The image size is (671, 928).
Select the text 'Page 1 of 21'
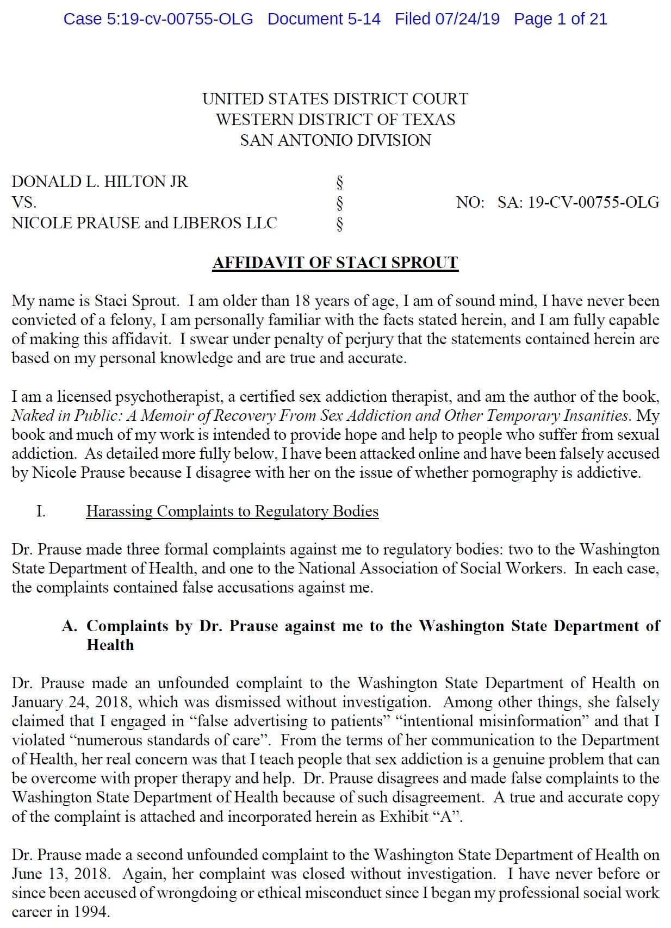[x=560, y=19]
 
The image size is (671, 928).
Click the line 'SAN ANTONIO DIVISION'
[x=336, y=140]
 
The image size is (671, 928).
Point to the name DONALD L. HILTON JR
[x=100, y=182]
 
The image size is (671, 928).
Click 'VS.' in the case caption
[x=24, y=202]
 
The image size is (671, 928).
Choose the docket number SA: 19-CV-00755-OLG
[x=578, y=202]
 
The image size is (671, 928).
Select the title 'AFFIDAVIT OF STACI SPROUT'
[x=335, y=263]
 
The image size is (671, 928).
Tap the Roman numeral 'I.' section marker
[x=41, y=512]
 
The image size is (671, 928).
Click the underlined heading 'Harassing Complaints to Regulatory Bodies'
[x=232, y=512]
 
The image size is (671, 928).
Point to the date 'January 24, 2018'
[x=71, y=702]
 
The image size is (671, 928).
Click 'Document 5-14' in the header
[x=324, y=19]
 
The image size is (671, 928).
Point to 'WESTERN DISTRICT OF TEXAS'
[x=336, y=120]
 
